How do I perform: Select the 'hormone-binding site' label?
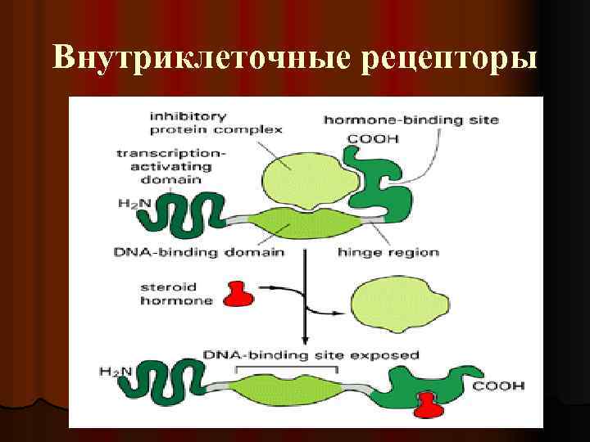pyautogui.click(x=411, y=120)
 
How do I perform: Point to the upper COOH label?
pyautogui.click(x=373, y=138)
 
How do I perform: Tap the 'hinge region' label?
pyautogui.click(x=388, y=252)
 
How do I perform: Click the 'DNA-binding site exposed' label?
pyautogui.click(x=311, y=355)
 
